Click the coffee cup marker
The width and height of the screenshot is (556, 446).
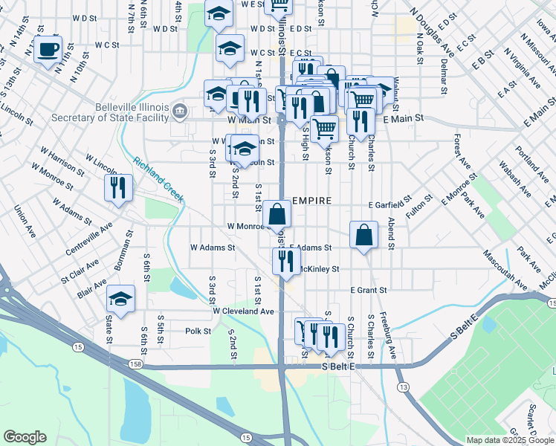49,51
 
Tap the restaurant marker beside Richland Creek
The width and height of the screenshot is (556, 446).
119,188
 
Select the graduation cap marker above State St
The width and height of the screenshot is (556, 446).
120,299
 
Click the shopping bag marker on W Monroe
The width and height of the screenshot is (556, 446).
277,215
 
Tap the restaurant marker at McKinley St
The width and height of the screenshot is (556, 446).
285,260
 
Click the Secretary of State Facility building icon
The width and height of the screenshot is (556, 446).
179,112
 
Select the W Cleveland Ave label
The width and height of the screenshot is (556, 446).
243,311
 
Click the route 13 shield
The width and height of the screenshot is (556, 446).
403,387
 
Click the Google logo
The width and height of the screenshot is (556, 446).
25,437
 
